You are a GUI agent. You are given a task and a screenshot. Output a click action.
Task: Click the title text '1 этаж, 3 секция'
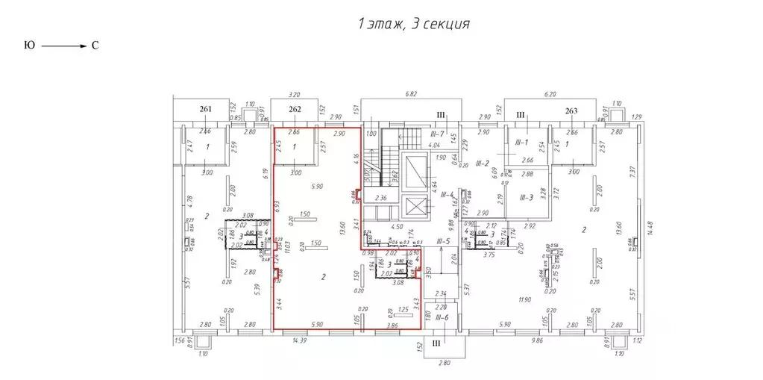coord(413,25)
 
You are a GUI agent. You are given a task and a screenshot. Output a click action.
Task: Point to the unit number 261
coord(206,110)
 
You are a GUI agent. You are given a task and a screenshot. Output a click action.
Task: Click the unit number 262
coord(294,110)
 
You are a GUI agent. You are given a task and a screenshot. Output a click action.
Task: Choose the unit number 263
coord(571,111)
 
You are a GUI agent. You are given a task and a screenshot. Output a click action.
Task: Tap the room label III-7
coord(437,133)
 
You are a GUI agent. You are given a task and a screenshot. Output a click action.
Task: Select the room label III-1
coord(521,142)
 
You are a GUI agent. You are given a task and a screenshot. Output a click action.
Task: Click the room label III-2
coord(482,163)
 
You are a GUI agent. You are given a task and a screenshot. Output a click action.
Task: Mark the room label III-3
coord(527,197)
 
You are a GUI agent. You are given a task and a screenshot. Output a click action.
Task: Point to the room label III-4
coord(447,195)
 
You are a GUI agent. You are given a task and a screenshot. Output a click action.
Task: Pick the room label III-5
coord(443,241)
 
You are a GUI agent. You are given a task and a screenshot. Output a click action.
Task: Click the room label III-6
coord(443,318)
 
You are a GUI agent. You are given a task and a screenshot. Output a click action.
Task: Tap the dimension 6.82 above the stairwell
coord(410,96)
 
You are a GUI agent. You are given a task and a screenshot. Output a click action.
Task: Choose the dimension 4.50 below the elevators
coord(398,227)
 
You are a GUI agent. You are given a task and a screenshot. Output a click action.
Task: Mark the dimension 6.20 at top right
coord(550,96)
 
